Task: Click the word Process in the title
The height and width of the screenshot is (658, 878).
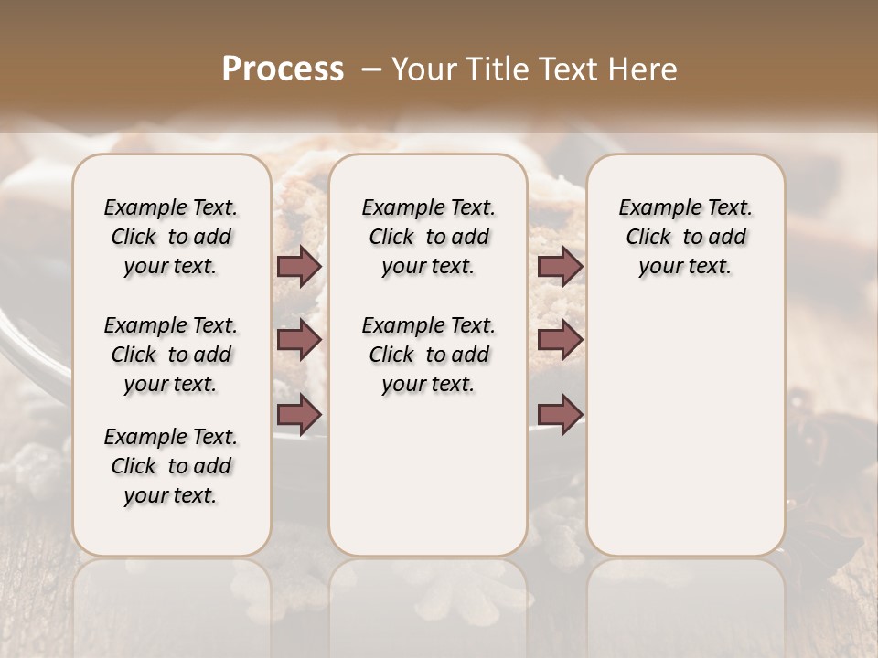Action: pyautogui.click(x=283, y=69)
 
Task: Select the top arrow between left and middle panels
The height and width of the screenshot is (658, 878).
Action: pyautogui.click(x=299, y=267)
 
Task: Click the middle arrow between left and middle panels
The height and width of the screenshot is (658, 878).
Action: pyautogui.click(x=299, y=340)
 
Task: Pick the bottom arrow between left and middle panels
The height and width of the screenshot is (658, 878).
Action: pyautogui.click(x=299, y=414)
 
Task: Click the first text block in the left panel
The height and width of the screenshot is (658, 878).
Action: pyautogui.click(x=171, y=237)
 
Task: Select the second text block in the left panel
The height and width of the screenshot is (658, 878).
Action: pyautogui.click(x=171, y=355)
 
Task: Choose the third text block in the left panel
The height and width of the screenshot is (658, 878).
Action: pyautogui.click(x=171, y=466)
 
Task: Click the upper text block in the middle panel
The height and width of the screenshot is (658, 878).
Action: pyautogui.click(x=428, y=237)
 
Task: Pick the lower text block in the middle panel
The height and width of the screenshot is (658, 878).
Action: pyautogui.click(x=428, y=355)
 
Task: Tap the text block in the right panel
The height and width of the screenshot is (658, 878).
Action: pyautogui.click(x=685, y=237)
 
